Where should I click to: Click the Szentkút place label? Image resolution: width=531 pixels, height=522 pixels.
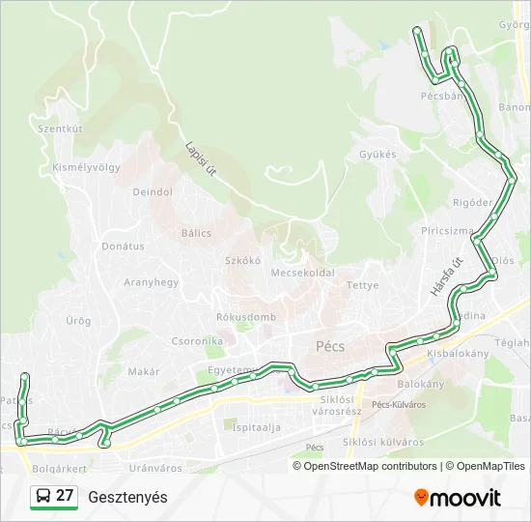pos(60,128)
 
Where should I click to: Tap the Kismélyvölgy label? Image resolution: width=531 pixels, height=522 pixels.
pos(86,166)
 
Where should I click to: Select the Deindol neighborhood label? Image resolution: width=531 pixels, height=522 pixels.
pos(153,191)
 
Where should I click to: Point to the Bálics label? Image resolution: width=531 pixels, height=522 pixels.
pos(196,233)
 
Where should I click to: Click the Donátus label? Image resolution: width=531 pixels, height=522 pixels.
pos(123,246)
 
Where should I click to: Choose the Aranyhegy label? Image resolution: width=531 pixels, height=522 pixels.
pos(152,282)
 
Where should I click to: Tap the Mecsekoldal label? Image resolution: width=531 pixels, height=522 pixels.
pos(302,273)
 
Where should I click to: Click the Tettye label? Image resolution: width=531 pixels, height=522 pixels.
pos(363,285)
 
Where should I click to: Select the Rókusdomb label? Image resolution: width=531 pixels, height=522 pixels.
pos(246,317)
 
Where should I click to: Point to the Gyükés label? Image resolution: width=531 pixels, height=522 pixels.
pos(377,154)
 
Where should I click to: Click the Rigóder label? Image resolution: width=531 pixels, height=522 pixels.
pos(472,202)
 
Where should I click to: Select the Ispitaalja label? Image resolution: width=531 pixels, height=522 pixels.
pos(256,426)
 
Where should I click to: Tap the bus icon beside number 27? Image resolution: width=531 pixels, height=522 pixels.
pos(43,497)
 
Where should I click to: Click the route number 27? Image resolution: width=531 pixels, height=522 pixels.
pos(66,496)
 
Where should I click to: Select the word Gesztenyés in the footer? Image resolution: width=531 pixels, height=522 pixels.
pos(127,497)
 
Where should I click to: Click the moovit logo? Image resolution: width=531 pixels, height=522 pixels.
pos(458,497)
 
